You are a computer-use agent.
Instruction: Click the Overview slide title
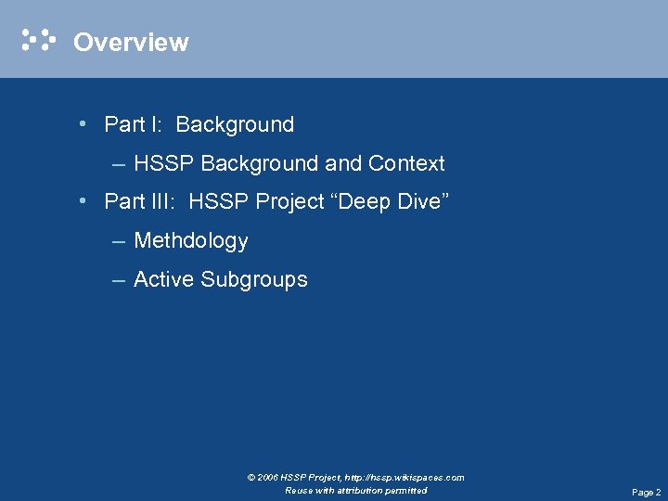coord(131,43)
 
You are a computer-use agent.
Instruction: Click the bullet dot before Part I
coord(84,124)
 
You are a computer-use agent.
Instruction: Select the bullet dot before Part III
coord(84,201)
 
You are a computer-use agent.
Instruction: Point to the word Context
coord(406,164)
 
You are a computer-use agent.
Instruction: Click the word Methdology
coord(191,241)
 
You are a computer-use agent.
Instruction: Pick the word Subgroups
coord(254,280)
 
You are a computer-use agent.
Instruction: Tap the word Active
coord(164,279)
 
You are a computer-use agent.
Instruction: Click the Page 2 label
coord(646,493)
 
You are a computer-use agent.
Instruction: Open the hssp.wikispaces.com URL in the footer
coord(405,478)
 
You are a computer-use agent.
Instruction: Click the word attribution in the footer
coord(358,490)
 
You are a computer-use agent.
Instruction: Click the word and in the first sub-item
coord(343,164)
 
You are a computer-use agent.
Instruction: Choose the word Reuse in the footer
coord(300,490)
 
